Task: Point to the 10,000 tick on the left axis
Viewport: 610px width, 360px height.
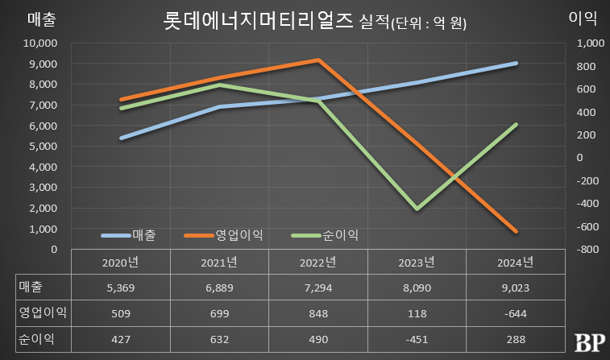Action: click(x=39, y=43)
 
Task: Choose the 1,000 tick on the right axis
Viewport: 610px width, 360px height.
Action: click(x=589, y=43)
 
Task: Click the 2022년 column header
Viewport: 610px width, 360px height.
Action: click(x=318, y=262)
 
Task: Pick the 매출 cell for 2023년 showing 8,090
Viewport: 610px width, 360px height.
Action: click(x=417, y=286)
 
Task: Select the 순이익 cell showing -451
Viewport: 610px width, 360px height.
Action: click(x=417, y=337)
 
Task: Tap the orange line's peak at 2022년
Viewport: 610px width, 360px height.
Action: click(x=318, y=60)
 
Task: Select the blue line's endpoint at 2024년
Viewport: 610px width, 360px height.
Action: click(x=516, y=63)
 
